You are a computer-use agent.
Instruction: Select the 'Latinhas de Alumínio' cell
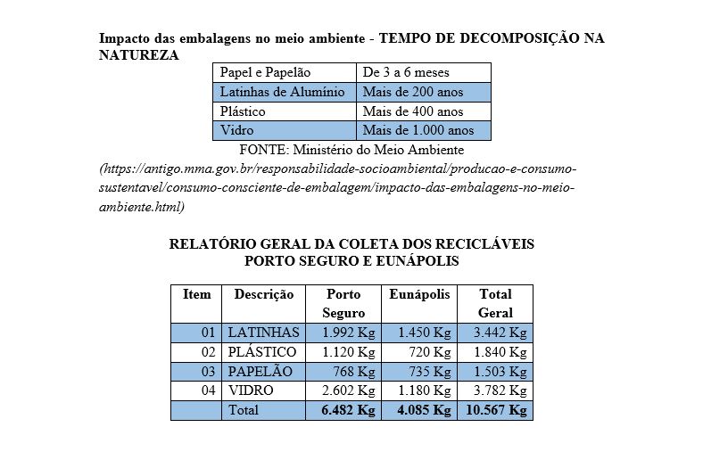click(x=284, y=92)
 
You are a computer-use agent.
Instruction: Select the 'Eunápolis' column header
click(x=419, y=294)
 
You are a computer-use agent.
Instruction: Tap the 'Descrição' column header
click(x=264, y=294)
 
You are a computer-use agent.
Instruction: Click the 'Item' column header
click(x=196, y=294)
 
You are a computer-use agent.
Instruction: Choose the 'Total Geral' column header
click(x=495, y=303)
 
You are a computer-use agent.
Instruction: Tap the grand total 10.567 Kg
click(x=496, y=410)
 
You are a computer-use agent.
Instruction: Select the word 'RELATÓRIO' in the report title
click(x=211, y=243)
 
